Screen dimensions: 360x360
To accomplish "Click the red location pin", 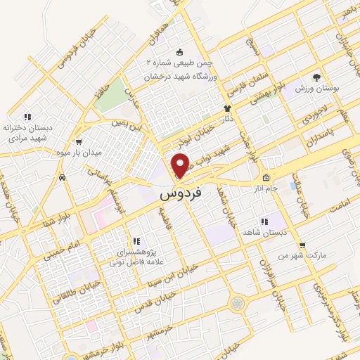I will (x=181, y=165).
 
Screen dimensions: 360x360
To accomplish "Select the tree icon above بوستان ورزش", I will (x=316, y=76).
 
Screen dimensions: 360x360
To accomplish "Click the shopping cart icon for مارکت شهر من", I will (x=302, y=245).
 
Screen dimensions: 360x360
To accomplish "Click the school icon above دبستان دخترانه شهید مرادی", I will (x=27, y=116).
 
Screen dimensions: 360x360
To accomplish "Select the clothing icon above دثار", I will (x=227, y=108).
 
